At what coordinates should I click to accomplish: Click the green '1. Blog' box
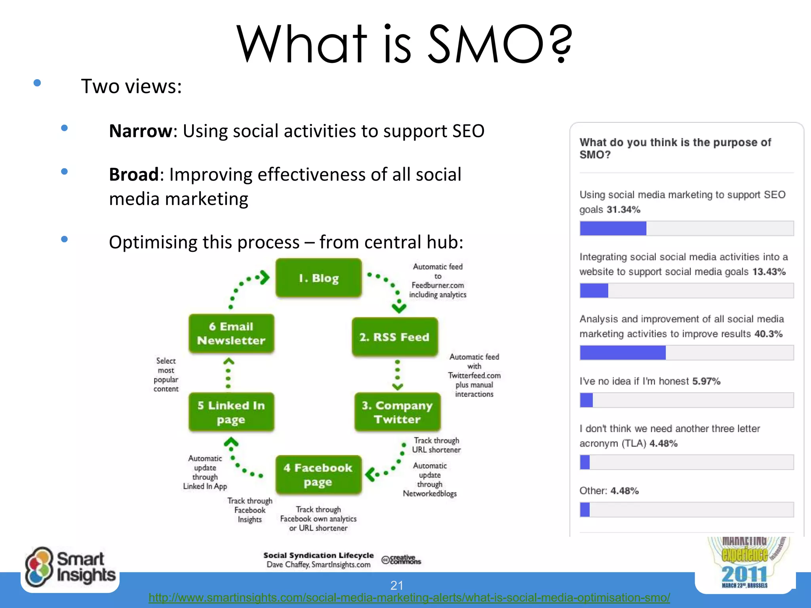pyautogui.click(x=318, y=278)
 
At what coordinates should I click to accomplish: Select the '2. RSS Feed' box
pyautogui.click(x=395, y=337)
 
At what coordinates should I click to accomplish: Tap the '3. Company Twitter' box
pyautogui.click(x=397, y=412)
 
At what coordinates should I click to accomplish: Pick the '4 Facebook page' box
pyautogui.click(x=318, y=475)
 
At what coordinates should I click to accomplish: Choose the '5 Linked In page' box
pyautogui.click(x=231, y=412)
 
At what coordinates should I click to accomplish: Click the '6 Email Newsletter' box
pyautogui.click(x=231, y=333)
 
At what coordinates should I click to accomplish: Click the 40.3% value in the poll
pyautogui.click(x=768, y=334)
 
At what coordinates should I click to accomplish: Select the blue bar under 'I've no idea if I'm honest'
pyautogui.click(x=586, y=400)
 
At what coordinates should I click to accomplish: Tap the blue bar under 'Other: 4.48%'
pyautogui.click(x=584, y=509)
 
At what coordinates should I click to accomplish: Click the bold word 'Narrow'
pyautogui.click(x=141, y=131)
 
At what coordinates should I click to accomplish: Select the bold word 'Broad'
pyautogui.click(x=134, y=175)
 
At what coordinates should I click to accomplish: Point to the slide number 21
pyautogui.click(x=397, y=585)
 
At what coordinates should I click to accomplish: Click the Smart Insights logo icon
pyautogui.click(x=38, y=567)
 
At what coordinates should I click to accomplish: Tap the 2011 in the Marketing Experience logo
pyautogui.click(x=744, y=574)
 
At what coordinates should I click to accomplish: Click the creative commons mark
pyautogui.click(x=401, y=560)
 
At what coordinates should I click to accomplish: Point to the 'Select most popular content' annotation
pyautogui.click(x=166, y=374)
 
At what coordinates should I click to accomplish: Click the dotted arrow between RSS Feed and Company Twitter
pyautogui.click(x=398, y=374)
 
